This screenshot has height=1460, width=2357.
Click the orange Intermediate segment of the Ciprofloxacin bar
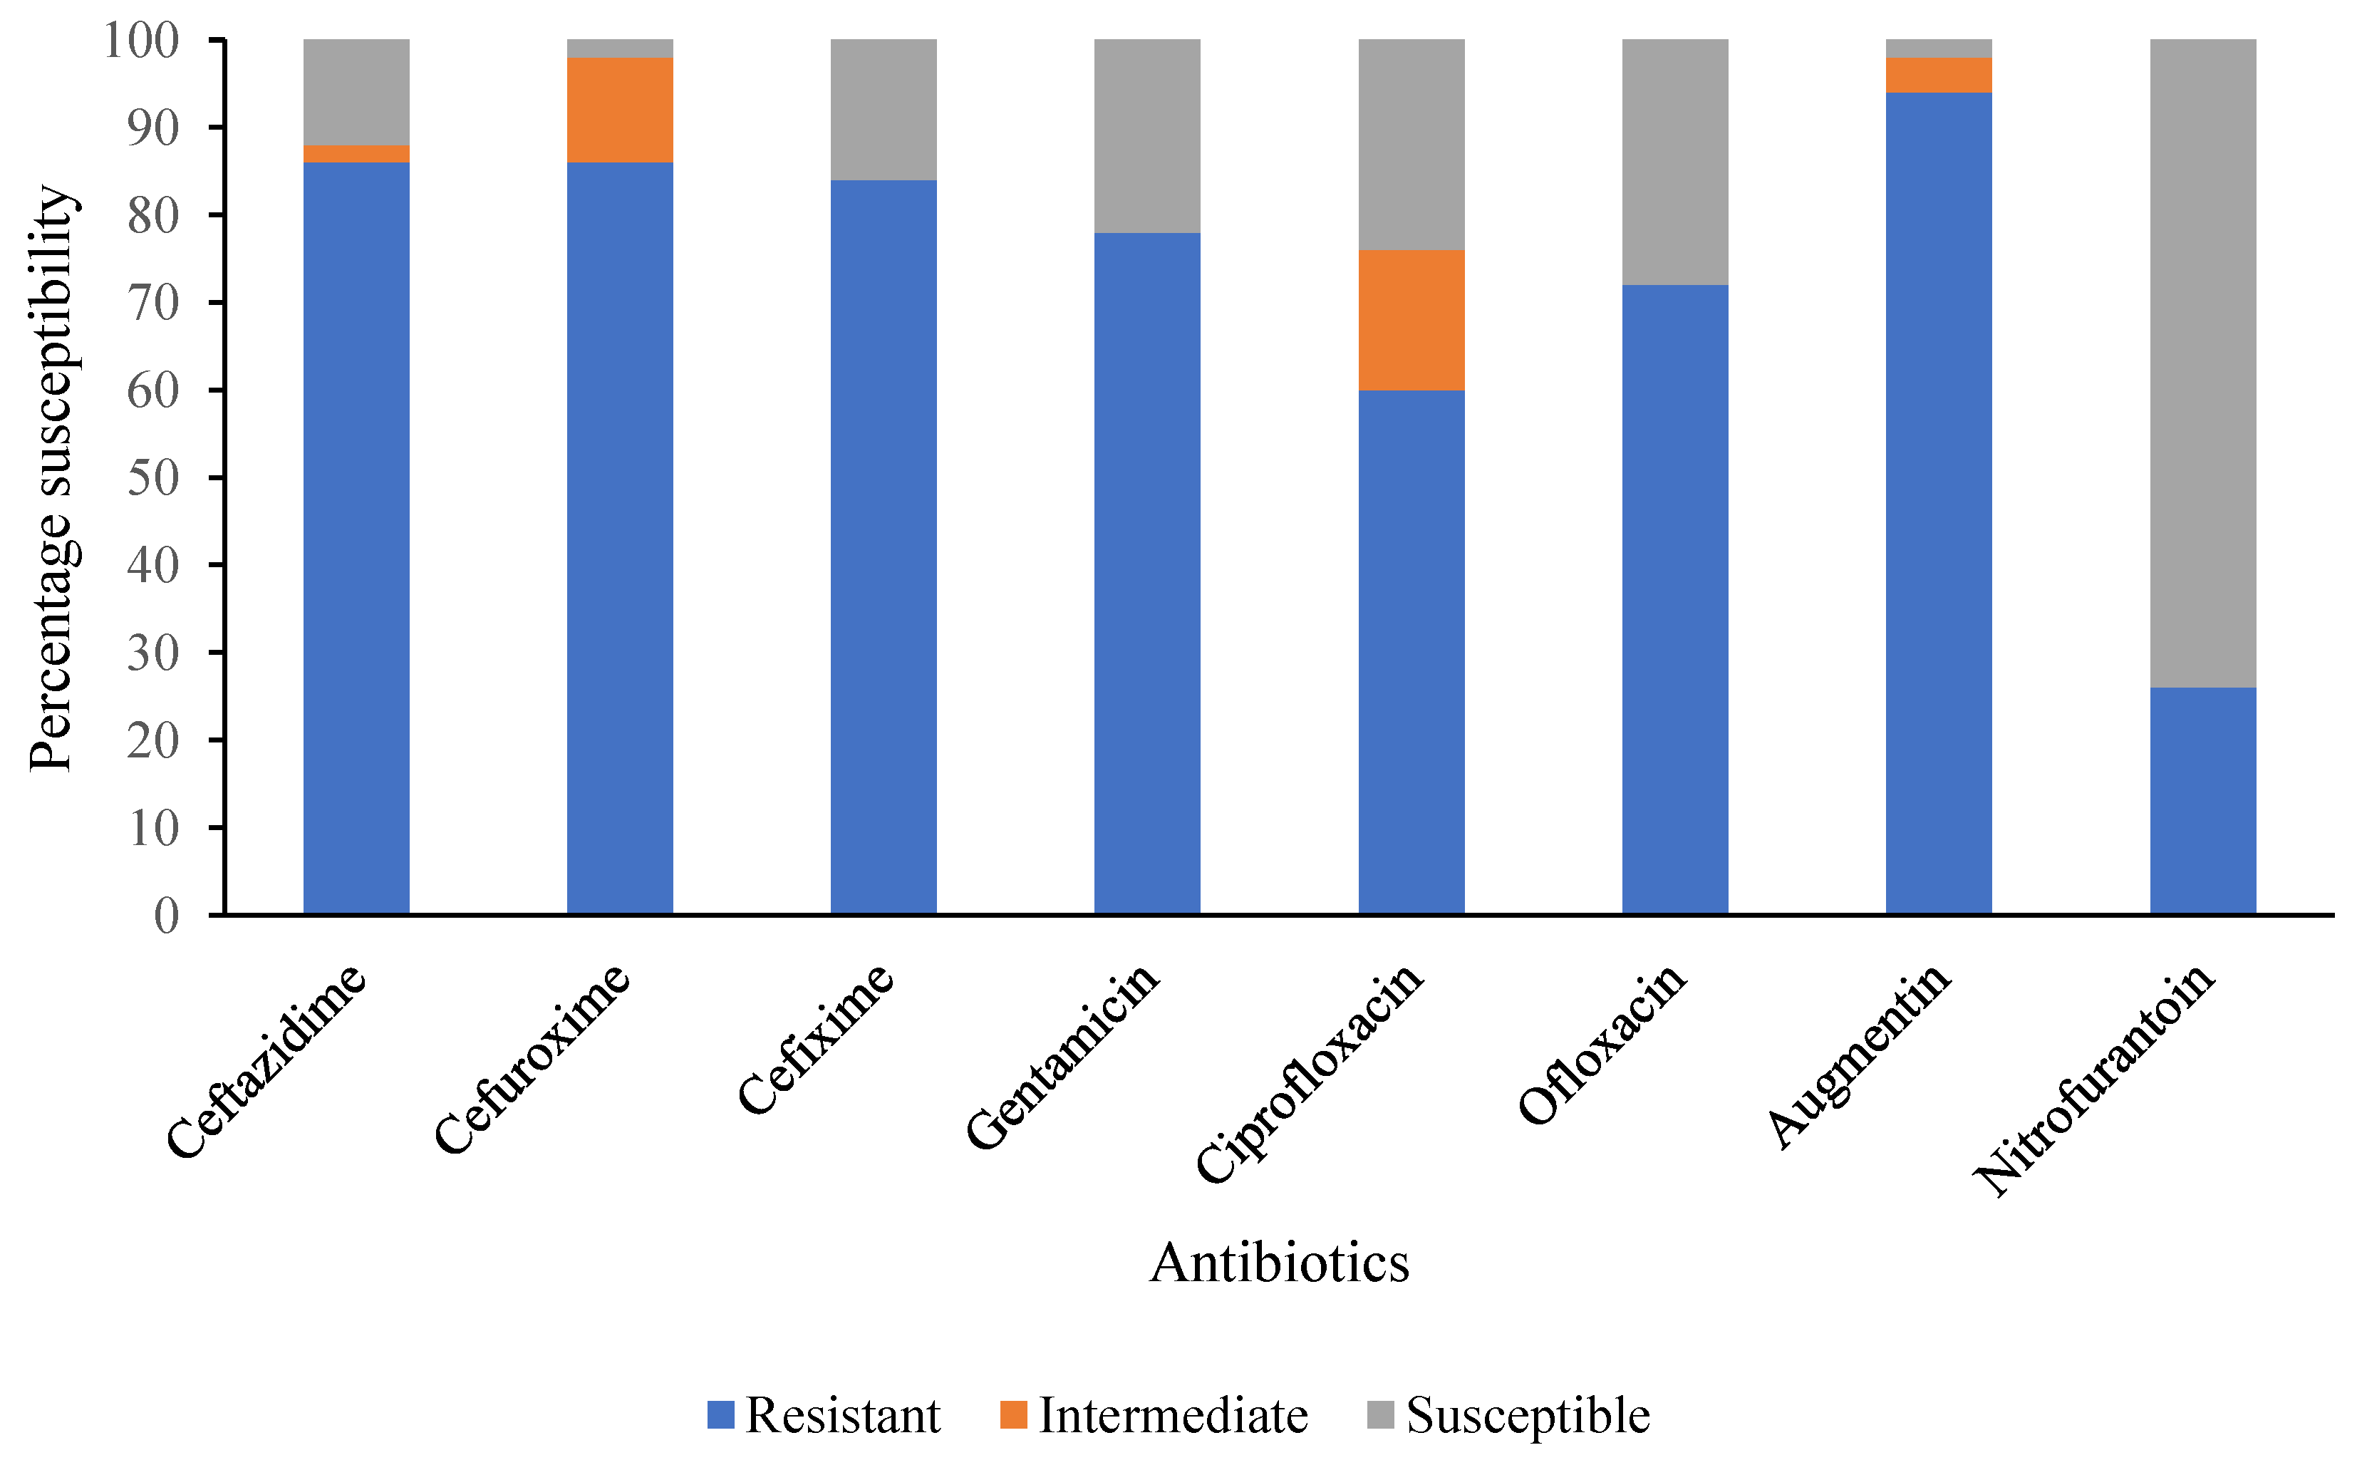[x=1411, y=320]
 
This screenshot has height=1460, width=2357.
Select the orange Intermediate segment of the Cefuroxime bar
[x=620, y=109]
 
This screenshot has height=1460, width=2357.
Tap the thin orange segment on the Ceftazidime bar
[x=356, y=153]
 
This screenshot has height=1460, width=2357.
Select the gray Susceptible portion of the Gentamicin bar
[x=1147, y=135]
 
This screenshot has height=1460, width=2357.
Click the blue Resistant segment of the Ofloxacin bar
[x=1674, y=599]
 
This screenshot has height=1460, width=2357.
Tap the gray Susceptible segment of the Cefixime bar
[x=884, y=109]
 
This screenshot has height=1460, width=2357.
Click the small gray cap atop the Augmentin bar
[x=1938, y=48]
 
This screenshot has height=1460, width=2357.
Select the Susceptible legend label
[x=1528, y=1416]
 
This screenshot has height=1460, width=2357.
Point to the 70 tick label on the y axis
[x=153, y=304]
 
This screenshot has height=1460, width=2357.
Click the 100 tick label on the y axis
[x=141, y=41]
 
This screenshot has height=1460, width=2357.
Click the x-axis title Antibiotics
[x=1280, y=1262]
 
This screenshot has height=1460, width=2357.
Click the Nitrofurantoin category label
[x=2096, y=1080]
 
